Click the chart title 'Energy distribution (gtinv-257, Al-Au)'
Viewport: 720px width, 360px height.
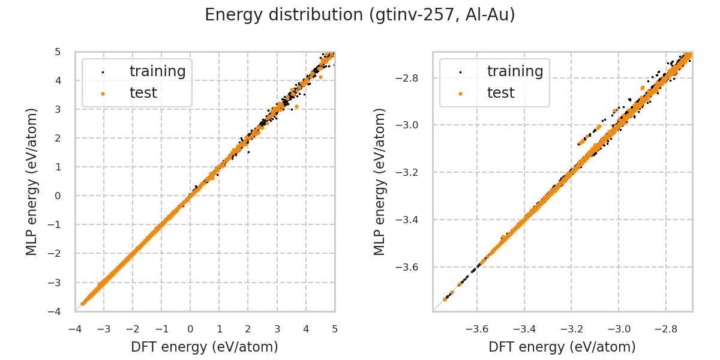360,15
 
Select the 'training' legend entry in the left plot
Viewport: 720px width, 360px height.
157,71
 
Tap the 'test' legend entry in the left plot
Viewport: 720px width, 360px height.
143,93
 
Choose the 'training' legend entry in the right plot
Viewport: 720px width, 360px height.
515,71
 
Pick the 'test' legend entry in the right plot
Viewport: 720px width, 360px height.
500,93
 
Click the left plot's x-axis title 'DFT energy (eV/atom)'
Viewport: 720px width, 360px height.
205,347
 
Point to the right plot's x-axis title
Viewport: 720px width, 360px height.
562,347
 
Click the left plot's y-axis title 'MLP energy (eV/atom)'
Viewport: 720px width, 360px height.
32,181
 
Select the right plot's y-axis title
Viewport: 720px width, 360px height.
380,181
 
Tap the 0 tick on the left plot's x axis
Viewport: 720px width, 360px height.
190,329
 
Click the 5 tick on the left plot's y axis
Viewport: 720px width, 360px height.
58,52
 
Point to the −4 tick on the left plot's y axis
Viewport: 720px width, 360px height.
55,311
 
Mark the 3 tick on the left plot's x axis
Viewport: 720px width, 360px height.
277,329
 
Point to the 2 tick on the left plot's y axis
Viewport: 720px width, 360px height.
58,138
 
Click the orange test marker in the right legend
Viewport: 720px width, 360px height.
460,94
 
